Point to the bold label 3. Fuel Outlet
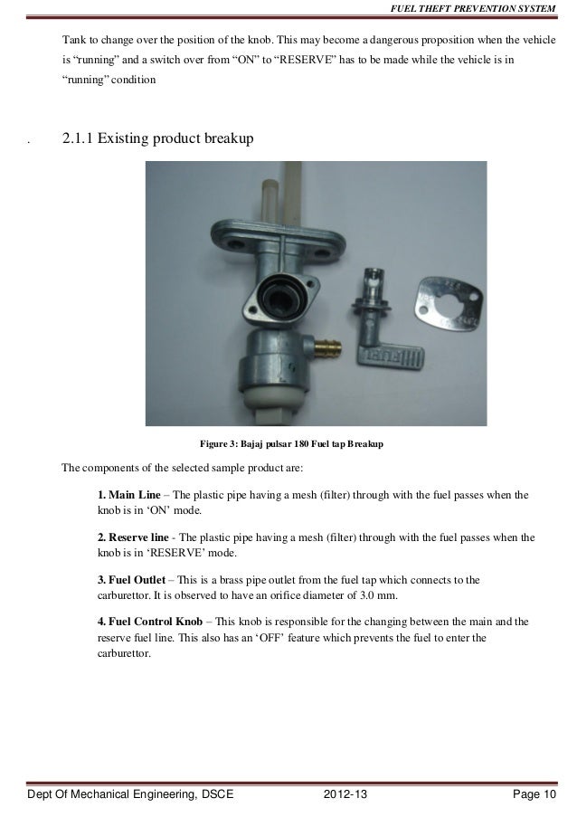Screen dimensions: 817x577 [x=134, y=578]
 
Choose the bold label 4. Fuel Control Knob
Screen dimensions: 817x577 [x=149, y=622]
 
